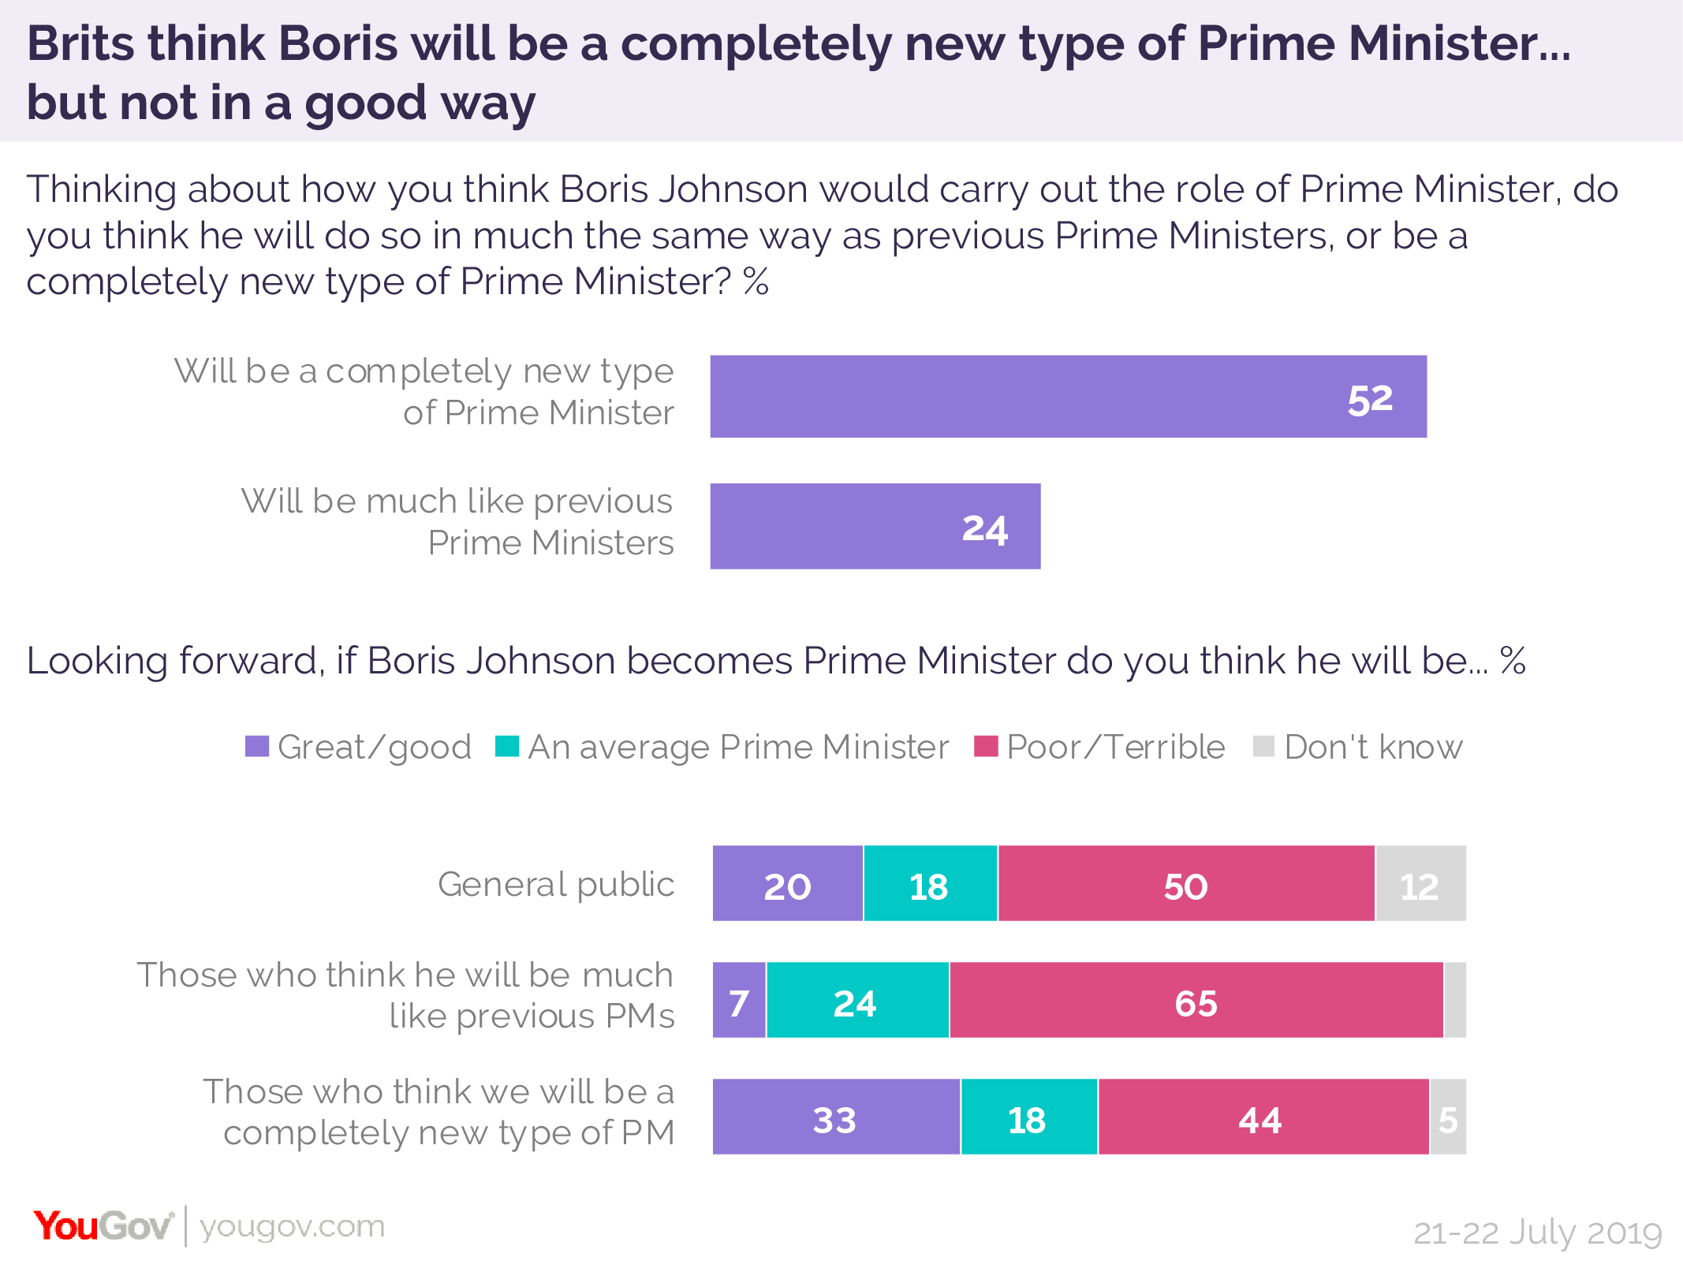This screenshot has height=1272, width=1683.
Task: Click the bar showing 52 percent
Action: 1068,397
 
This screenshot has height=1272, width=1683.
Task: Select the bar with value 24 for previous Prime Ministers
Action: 875,526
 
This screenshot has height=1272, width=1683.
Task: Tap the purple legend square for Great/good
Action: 257,746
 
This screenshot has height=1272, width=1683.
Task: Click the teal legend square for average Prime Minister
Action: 506,746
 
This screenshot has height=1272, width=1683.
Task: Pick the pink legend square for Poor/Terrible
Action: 986,746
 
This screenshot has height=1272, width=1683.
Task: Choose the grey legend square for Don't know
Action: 1263,746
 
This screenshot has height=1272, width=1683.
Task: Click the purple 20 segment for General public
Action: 787,883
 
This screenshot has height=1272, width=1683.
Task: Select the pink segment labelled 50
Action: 1185,883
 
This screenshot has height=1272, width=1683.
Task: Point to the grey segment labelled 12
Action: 1420,883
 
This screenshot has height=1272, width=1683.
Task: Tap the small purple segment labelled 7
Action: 739,1000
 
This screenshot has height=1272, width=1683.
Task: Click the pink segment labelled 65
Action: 1196,1000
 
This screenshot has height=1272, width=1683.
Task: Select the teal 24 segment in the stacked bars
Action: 856,1000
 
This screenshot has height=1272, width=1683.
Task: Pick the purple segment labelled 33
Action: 835,1117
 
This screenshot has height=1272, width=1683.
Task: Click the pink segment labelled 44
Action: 1262,1117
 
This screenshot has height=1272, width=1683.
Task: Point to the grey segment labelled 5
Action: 1448,1117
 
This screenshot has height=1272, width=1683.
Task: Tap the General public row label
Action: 556,884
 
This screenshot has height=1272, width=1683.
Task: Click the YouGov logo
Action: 103,1226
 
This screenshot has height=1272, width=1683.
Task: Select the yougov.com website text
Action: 292,1226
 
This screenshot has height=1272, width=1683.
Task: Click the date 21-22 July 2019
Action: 1537,1233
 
